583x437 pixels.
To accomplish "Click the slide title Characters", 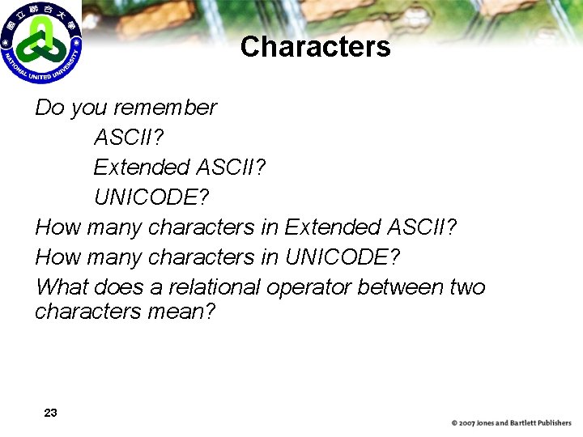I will tap(315, 47).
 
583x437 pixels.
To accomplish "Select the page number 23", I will tap(50, 413).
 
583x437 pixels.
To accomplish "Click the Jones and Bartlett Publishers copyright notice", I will tap(511, 423).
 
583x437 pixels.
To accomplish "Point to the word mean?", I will tap(182, 311).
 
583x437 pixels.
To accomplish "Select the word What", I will tap(62, 287).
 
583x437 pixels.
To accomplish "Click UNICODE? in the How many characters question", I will tap(343, 257).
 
